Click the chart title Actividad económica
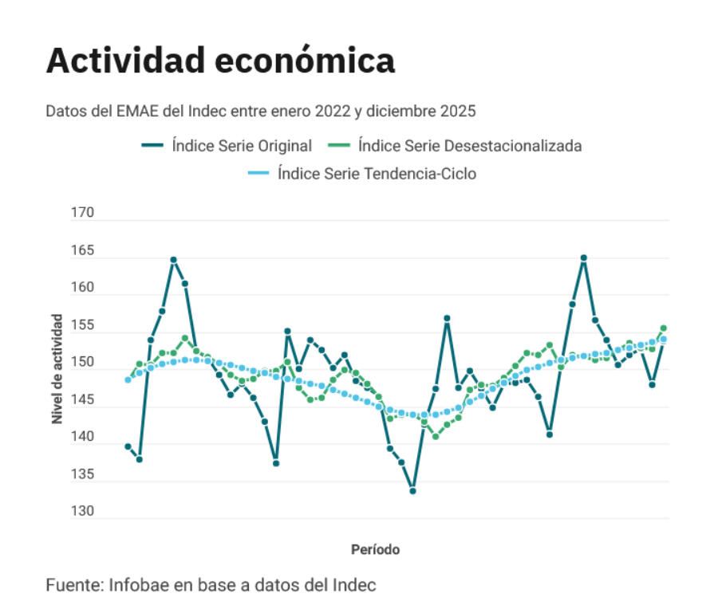click(220, 61)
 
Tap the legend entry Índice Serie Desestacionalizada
click(455, 146)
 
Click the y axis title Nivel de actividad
click(57, 367)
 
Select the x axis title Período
click(375, 550)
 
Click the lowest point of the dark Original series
click(412, 491)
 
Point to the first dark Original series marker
click(128, 446)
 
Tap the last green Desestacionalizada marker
click(663, 328)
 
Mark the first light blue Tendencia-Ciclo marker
click(128, 379)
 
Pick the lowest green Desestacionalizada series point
click(436, 436)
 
